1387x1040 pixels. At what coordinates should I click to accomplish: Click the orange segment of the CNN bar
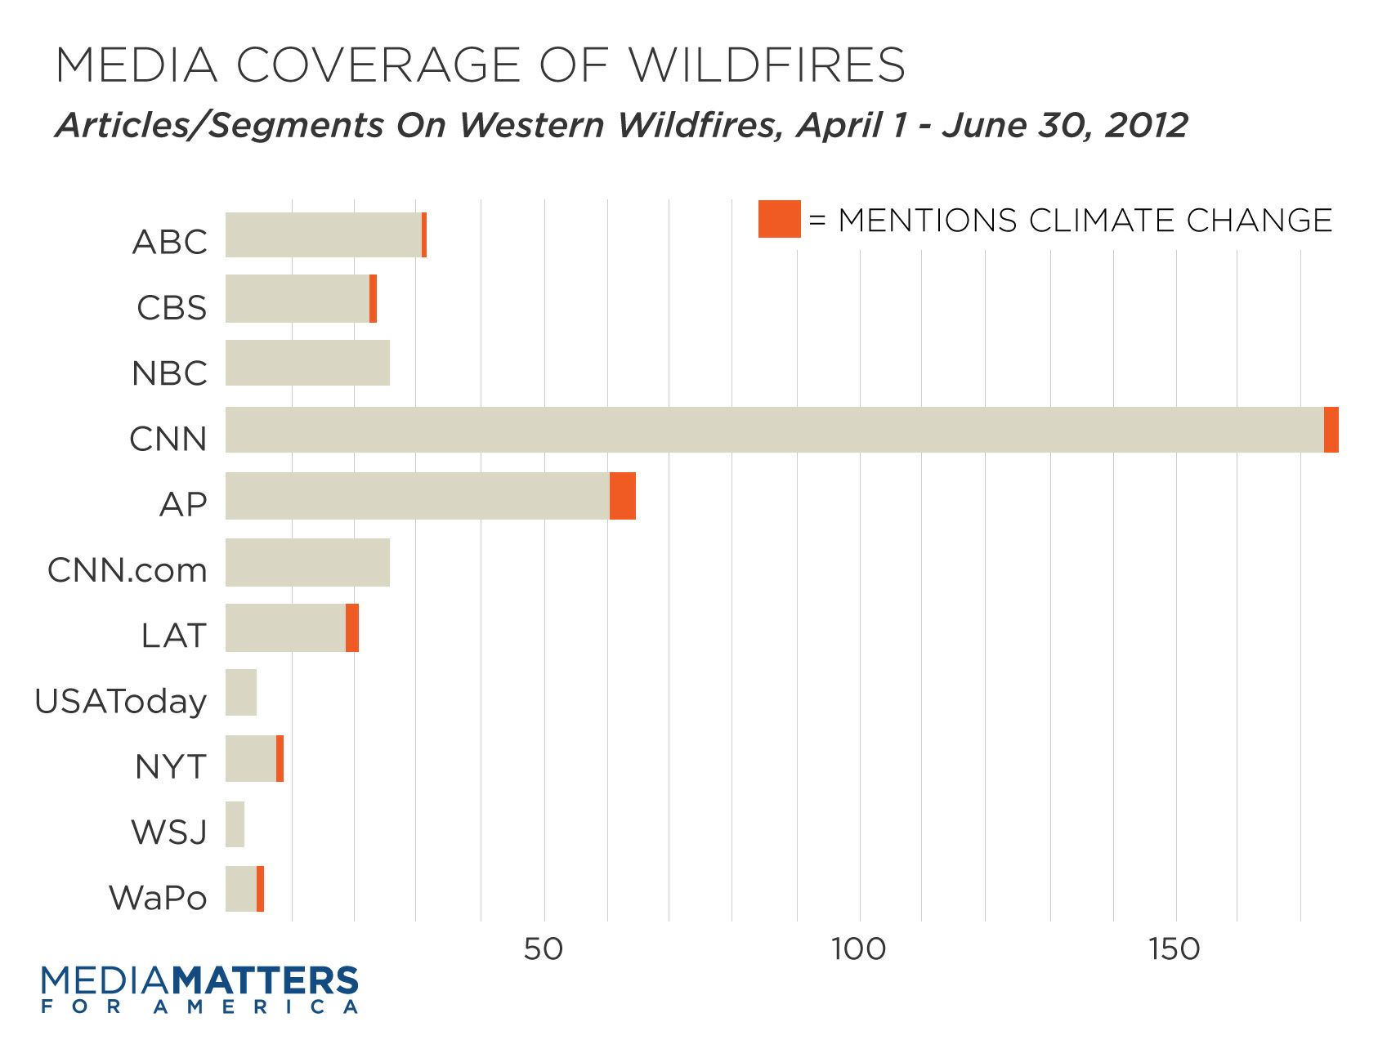pos(1331,430)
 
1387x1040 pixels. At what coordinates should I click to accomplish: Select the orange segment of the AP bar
pos(623,496)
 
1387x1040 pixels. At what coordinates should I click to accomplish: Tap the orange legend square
pos(779,219)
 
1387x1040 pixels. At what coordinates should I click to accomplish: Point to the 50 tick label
pos(544,948)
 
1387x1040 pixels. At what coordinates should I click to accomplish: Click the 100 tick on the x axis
pos(859,948)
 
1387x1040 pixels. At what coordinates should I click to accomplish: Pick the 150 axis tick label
pos(1174,948)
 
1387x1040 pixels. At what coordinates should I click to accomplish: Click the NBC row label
pos(169,373)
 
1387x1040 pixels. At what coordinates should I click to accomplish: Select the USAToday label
pos(121,701)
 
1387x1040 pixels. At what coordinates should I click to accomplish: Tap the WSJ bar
pos(235,824)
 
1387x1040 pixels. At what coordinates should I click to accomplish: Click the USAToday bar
pos(241,693)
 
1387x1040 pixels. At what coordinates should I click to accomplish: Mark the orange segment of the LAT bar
pos(352,627)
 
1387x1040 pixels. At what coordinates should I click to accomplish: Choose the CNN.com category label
pos(128,570)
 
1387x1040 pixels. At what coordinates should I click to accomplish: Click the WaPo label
pos(159,898)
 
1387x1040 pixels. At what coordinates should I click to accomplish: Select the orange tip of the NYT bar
pos(280,759)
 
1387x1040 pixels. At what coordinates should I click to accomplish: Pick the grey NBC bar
pos(307,363)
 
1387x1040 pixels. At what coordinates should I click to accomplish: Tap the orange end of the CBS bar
pos(373,299)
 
